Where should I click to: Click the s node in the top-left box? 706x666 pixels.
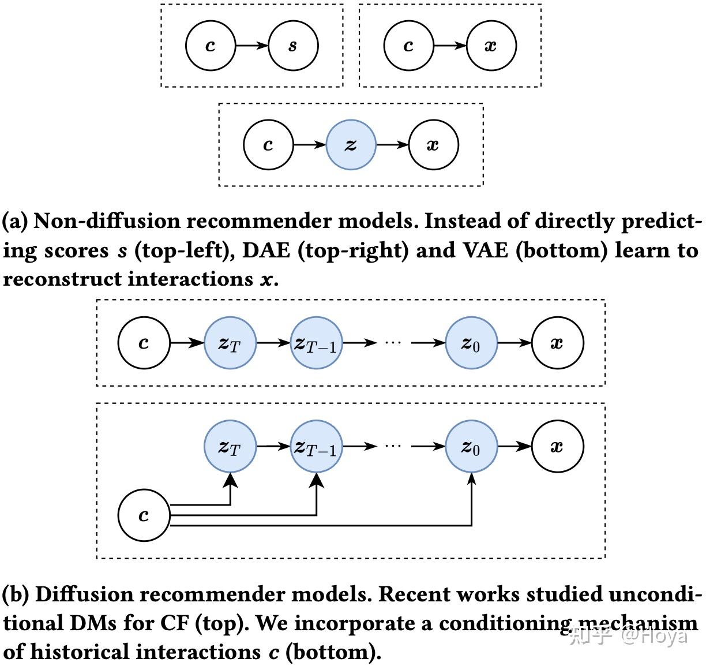click(x=293, y=46)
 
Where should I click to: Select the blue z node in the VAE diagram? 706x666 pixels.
click(x=351, y=145)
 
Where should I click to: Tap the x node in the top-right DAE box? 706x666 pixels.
click(x=491, y=46)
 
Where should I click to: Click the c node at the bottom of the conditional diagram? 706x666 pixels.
click(x=144, y=515)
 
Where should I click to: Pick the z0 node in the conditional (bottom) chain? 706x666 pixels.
click(x=471, y=446)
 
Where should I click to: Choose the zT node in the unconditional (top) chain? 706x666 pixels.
click(x=230, y=343)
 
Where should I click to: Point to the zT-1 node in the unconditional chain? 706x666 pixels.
click(x=316, y=343)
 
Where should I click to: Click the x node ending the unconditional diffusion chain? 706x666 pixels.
click(x=557, y=343)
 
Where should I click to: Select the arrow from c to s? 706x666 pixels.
click(x=252, y=46)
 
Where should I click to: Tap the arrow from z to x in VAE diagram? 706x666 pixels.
click(x=392, y=145)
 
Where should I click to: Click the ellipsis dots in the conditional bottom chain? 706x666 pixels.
click(x=392, y=446)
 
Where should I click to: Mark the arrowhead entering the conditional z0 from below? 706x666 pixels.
click(x=472, y=479)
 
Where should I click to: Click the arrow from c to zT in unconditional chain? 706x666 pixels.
click(x=187, y=343)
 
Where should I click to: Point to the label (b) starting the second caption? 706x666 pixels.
click(x=16, y=594)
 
